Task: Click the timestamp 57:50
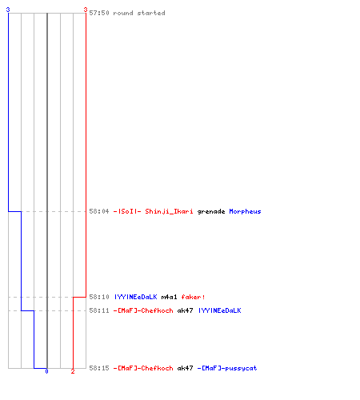99,13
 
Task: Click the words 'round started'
139,13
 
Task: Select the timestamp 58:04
99,211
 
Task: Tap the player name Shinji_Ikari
169,212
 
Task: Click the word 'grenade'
211,212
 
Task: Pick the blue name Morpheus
245,212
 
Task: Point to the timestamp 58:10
99,297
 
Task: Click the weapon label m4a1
169,297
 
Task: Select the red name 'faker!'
193,297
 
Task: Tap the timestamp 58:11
99,310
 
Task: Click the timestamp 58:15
99,368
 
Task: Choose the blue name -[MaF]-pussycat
227,369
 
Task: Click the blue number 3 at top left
8,10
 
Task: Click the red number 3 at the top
86,10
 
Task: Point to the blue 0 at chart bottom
46,371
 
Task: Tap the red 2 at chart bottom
73,371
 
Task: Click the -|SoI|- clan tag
127,211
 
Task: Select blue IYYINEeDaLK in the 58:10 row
136,297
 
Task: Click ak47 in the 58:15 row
185,368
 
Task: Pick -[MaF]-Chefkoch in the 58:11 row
143,310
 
